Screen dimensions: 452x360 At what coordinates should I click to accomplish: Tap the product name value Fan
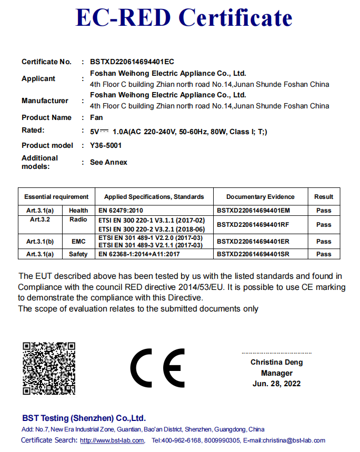(x=96, y=117)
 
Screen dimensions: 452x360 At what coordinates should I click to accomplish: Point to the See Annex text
(x=108, y=162)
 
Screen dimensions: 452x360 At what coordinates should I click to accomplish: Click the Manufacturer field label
(x=45, y=101)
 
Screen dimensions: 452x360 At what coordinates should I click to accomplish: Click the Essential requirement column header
(x=56, y=197)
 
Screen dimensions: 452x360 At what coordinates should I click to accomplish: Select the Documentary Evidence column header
(x=261, y=197)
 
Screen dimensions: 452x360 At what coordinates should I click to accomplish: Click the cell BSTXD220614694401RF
(x=253, y=224)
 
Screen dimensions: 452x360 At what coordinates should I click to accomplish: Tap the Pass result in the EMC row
(x=324, y=242)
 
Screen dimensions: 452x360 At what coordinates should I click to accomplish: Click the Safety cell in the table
(x=78, y=254)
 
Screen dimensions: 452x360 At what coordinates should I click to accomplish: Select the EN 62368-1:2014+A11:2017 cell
(x=139, y=254)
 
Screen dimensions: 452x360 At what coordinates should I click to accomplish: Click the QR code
(x=48, y=368)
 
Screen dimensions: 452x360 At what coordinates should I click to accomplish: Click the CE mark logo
(x=157, y=368)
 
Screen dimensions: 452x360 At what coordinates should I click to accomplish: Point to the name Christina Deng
(x=276, y=362)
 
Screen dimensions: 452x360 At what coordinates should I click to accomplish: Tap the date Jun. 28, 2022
(x=276, y=384)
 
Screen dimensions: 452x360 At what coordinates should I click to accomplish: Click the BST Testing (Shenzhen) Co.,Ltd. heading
(x=84, y=418)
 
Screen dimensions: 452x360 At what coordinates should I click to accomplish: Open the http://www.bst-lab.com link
(x=112, y=440)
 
